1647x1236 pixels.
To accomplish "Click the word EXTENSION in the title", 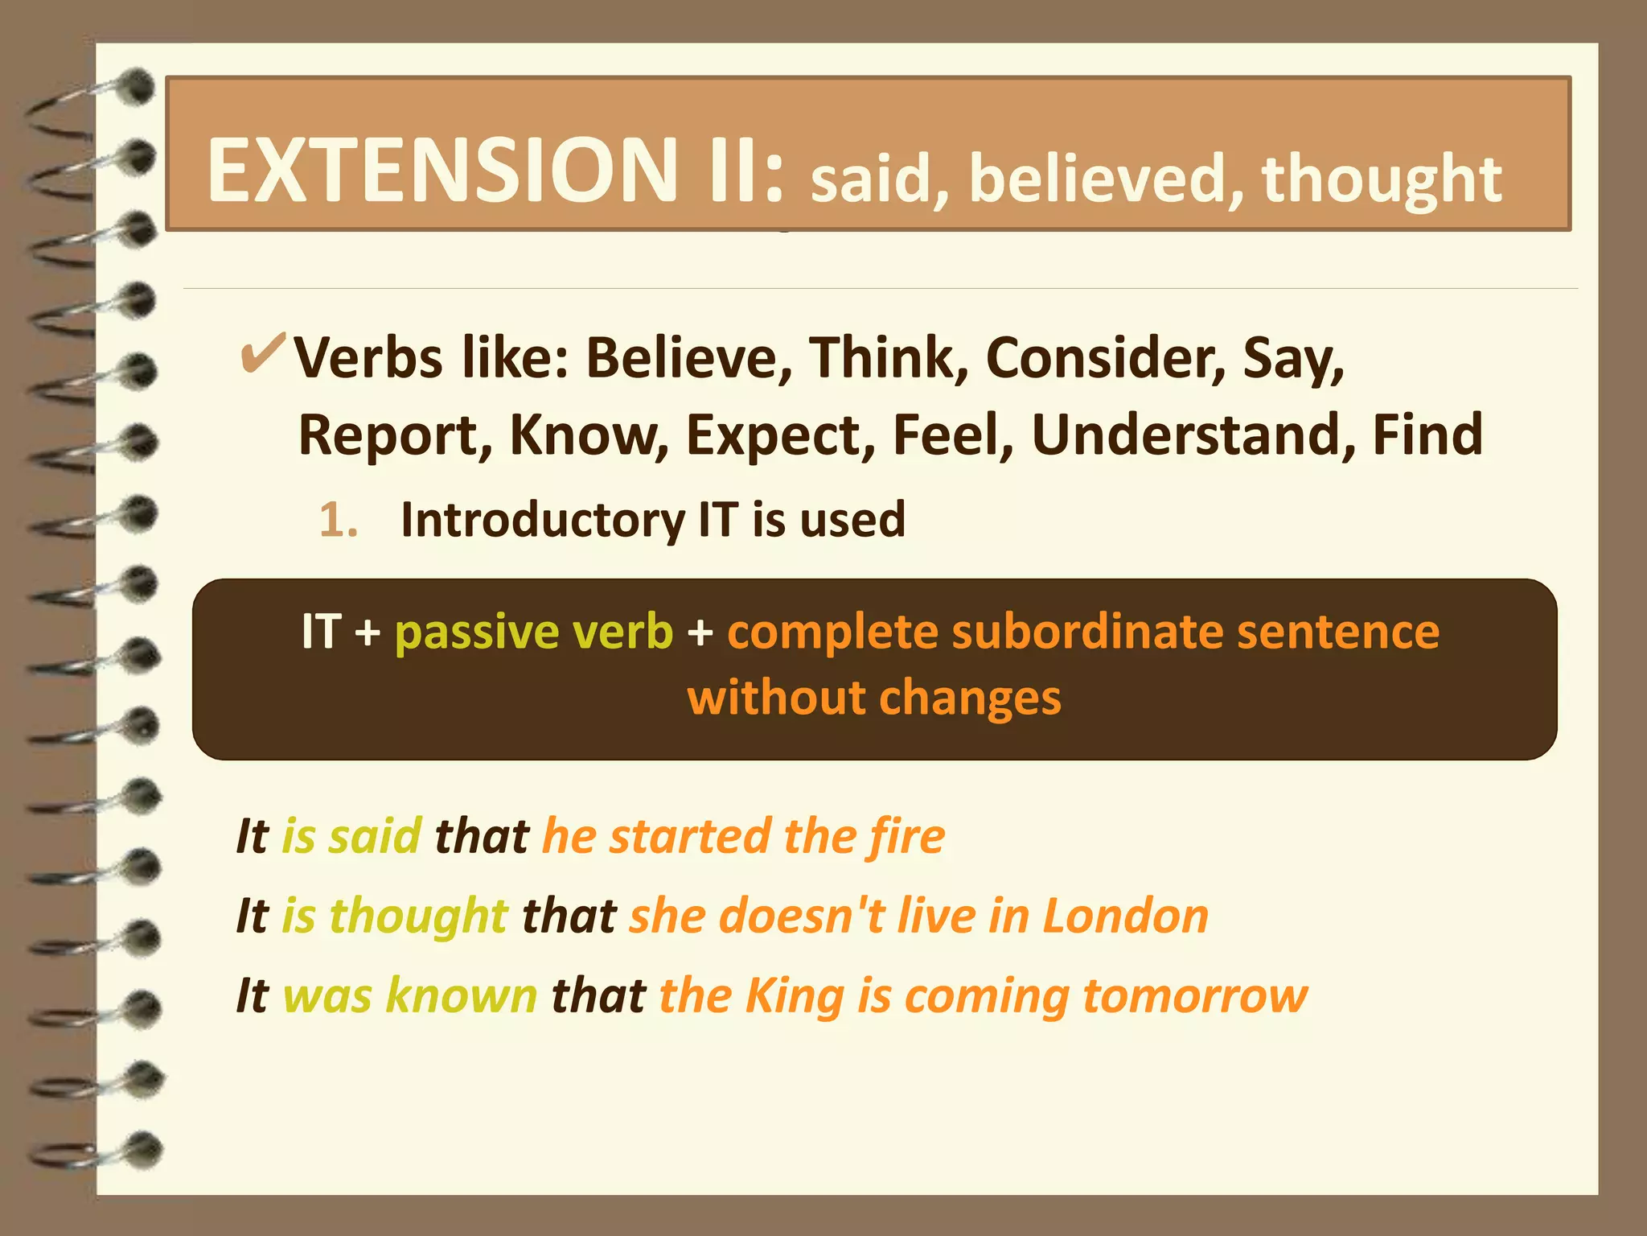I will (x=442, y=171).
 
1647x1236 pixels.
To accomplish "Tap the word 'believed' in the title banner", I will (x=1099, y=179).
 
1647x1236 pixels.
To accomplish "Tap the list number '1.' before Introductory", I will (x=338, y=520).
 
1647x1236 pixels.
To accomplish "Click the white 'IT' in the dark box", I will (x=322, y=632).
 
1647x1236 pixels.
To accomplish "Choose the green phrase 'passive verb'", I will (x=533, y=632).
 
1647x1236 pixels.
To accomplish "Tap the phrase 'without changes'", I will (x=874, y=698).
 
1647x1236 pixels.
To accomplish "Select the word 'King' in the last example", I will (x=795, y=996).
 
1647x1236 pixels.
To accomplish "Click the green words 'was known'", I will (x=410, y=996).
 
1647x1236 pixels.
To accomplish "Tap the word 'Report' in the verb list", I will (x=395, y=435).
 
